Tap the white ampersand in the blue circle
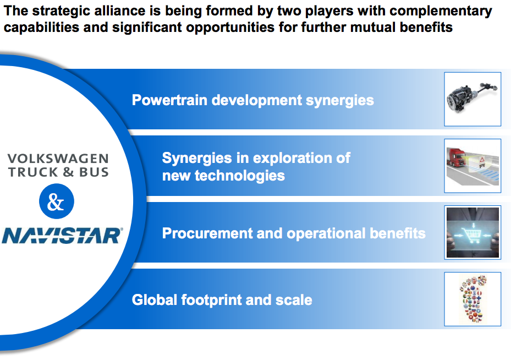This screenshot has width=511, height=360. [56, 202]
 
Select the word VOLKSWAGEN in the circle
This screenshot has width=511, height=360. [58, 159]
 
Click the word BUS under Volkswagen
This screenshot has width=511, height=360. [94, 172]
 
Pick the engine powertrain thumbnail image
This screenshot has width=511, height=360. [472, 99]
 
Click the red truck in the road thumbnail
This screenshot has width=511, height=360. [456, 158]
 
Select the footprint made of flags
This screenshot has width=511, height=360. [472, 299]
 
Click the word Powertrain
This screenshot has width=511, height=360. [169, 100]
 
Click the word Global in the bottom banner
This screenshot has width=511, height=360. [154, 299]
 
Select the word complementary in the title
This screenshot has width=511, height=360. [441, 12]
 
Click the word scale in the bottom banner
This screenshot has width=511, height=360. [294, 300]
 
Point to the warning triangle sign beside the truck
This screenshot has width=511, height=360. [482, 160]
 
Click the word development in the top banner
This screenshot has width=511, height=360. [257, 100]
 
